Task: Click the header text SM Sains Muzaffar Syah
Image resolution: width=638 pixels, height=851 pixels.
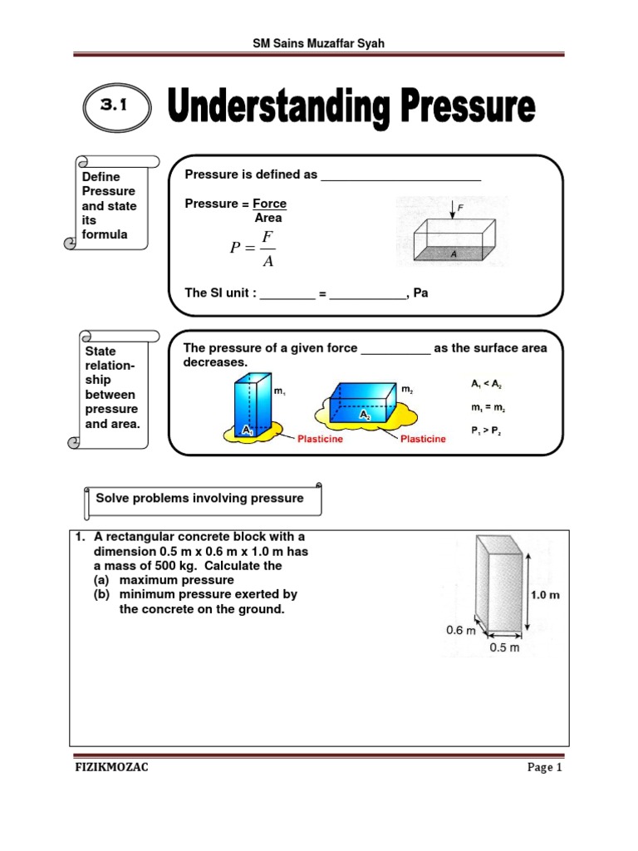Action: [319, 42]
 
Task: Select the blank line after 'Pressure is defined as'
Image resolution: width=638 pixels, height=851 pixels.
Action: [400, 176]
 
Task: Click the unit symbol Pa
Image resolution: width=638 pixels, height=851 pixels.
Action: [420, 293]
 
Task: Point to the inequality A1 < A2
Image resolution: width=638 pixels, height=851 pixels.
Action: [486, 384]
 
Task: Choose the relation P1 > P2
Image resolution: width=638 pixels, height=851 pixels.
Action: [486, 431]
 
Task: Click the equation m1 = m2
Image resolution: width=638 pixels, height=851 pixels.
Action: [486, 408]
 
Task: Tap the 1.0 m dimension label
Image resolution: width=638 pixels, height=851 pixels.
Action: [544, 594]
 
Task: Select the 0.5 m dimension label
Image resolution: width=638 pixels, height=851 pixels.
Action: [503, 647]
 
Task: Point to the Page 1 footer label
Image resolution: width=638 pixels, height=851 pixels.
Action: [545, 768]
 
